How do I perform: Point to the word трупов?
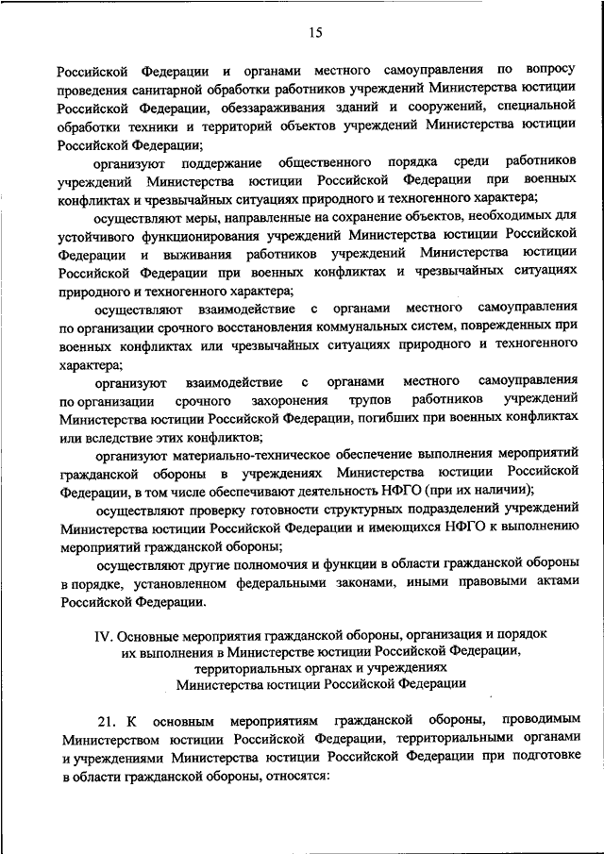pos(362,399)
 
